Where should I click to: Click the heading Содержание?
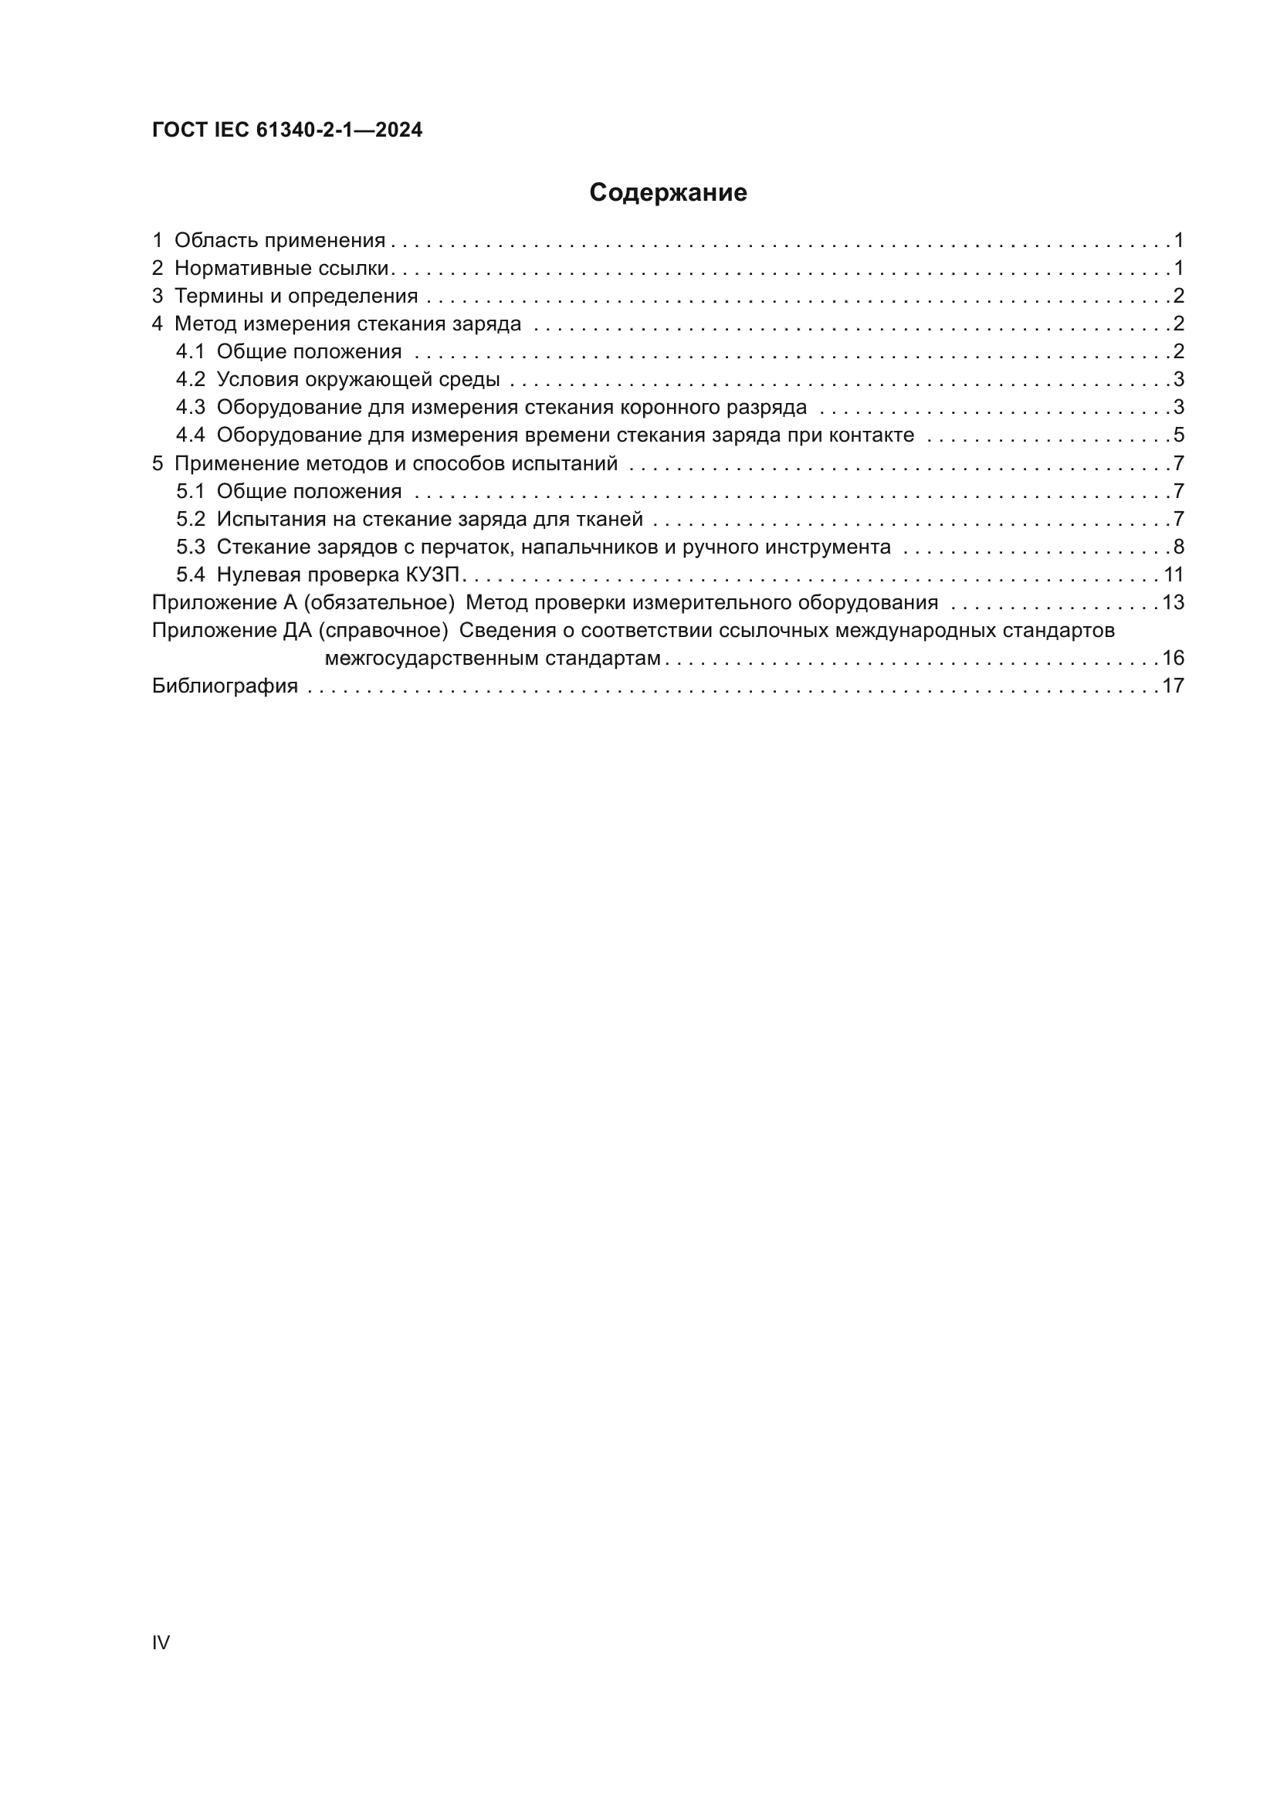click(668, 193)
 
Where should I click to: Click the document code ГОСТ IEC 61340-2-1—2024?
click(287, 130)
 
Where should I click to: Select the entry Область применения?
click(279, 241)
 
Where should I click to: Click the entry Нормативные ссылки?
click(282, 268)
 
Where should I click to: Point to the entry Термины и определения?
click(296, 296)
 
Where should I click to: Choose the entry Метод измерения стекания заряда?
click(347, 324)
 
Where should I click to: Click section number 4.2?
click(190, 380)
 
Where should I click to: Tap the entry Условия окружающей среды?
click(357, 380)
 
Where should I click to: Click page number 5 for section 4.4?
click(1178, 435)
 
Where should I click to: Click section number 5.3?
click(190, 547)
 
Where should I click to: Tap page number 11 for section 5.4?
click(1173, 575)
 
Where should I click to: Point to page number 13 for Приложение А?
click(1173, 602)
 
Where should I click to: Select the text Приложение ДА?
click(232, 631)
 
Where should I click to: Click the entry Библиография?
click(225, 686)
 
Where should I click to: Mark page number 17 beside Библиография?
click(1173, 686)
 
